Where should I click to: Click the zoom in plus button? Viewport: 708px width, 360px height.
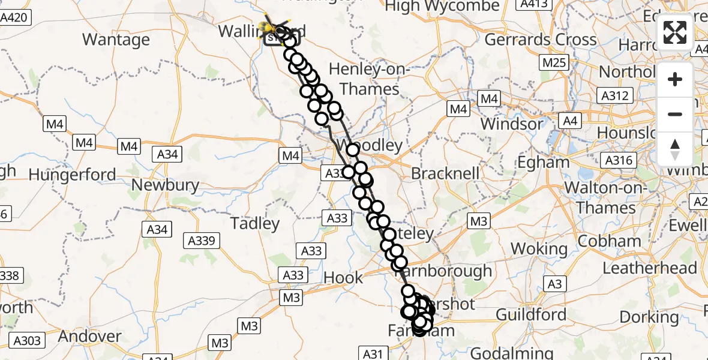pyautogui.click(x=675, y=79)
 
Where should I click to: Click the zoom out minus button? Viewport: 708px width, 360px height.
pyautogui.click(x=675, y=114)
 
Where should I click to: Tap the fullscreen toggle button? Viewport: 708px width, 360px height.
pyautogui.click(x=675, y=32)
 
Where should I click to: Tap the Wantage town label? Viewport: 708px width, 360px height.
pyautogui.click(x=116, y=40)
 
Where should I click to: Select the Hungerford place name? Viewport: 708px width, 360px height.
pyautogui.click(x=72, y=175)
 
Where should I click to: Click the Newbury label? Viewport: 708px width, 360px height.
pyautogui.click(x=165, y=185)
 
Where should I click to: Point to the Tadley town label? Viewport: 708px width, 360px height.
pyautogui.click(x=255, y=224)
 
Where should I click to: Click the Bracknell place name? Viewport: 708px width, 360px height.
pyautogui.click(x=445, y=174)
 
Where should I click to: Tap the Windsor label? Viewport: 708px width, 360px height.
pyautogui.click(x=511, y=125)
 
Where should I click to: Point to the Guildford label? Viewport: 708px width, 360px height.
pyautogui.click(x=531, y=314)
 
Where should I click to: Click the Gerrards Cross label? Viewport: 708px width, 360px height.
pyautogui.click(x=540, y=40)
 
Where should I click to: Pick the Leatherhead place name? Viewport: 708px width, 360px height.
pyautogui.click(x=650, y=268)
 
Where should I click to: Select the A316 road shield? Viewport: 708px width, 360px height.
pyautogui.click(x=617, y=160)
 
